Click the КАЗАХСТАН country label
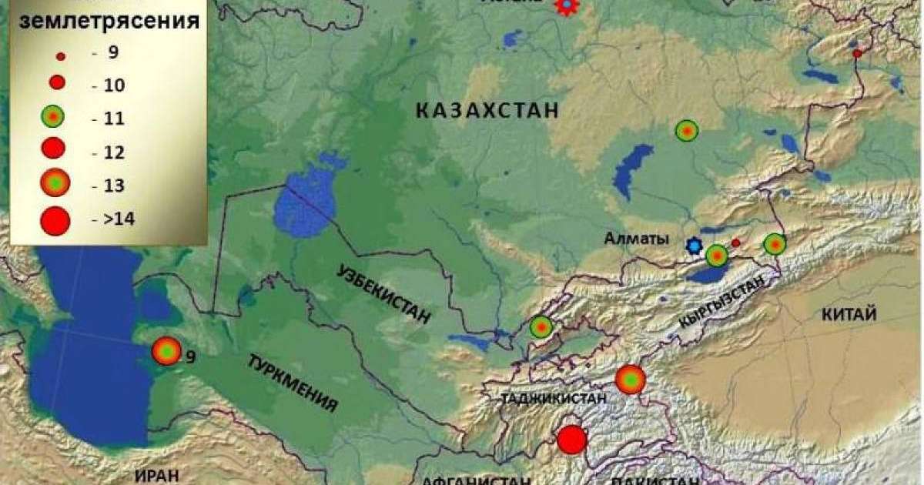point(487,112)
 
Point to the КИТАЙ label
point(849,314)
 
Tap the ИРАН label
point(156,475)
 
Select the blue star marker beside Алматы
point(695,246)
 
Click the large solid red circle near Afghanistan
point(572,440)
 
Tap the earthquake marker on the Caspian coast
point(166,350)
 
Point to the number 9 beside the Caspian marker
point(189,356)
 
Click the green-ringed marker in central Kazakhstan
point(686,131)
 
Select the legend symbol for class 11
point(52,117)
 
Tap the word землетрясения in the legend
point(109,21)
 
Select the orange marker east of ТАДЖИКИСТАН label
point(630,379)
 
